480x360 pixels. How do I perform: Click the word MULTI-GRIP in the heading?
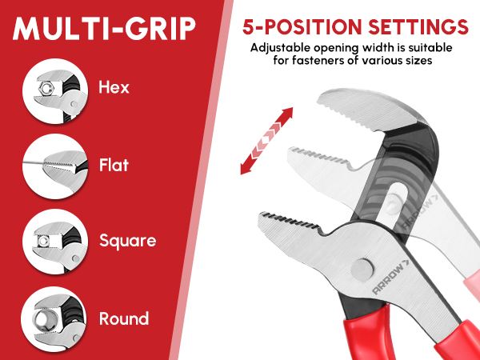pos(104,28)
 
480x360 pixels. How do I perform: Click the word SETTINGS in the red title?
pos(418,27)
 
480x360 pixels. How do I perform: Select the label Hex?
pos(114,87)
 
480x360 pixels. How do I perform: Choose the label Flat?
pos(114,165)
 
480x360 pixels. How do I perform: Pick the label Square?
pos(128,242)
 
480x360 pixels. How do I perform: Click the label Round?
pos(124,318)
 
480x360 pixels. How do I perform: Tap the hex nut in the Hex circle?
pos(46,89)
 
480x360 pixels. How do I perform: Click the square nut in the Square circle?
pos(43,241)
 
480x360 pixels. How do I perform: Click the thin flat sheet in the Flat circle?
pos(34,162)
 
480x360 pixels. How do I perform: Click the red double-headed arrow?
pos(266,141)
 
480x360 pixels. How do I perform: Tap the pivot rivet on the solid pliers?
pos(362,270)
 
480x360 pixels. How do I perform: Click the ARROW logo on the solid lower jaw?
pos(390,277)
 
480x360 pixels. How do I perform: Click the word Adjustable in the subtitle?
pos(281,48)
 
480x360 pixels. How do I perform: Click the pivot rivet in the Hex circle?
pos(74,104)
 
